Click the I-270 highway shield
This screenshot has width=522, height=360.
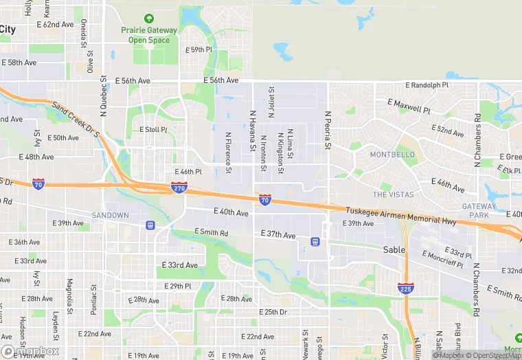pos(178,187)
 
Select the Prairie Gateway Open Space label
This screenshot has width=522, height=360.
pos(149,35)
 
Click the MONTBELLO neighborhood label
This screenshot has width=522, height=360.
pos(393,155)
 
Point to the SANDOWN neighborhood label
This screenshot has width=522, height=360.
pos(110,215)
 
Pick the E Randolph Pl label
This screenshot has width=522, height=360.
pos(427,85)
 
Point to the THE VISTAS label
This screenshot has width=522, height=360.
pos(393,194)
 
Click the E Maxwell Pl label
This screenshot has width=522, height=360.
pos(409,106)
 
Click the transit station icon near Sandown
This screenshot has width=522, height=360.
pos(150,225)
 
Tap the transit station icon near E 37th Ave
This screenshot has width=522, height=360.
pos(315,241)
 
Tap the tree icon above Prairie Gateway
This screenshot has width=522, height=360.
pos(149,19)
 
